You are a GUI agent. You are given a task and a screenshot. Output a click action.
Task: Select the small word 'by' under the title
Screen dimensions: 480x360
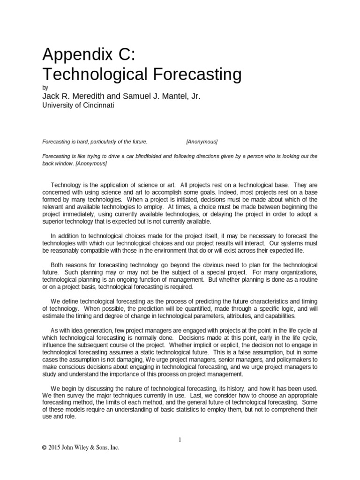[x=45, y=88]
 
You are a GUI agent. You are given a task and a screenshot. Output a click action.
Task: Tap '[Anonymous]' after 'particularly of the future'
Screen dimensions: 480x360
[x=202, y=141]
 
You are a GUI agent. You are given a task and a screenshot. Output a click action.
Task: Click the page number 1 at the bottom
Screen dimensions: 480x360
[x=180, y=440]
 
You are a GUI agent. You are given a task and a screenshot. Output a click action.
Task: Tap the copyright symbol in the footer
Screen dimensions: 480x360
[x=44, y=448]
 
